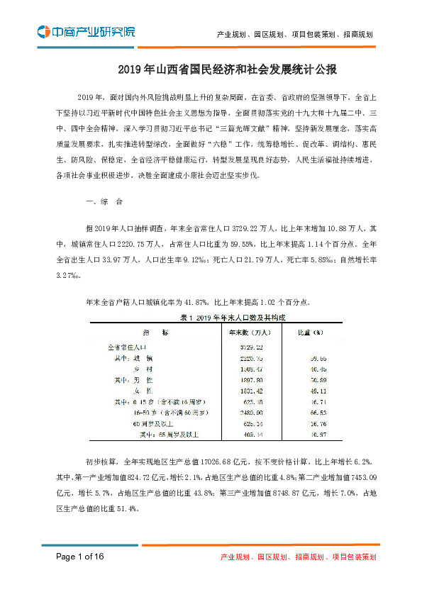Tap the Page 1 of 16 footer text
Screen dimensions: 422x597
pos(80,557)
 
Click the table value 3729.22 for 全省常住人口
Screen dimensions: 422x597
pos(244,347)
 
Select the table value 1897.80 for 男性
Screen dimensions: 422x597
pos(244,380)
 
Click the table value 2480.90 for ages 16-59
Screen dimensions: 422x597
pos(244,412)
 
